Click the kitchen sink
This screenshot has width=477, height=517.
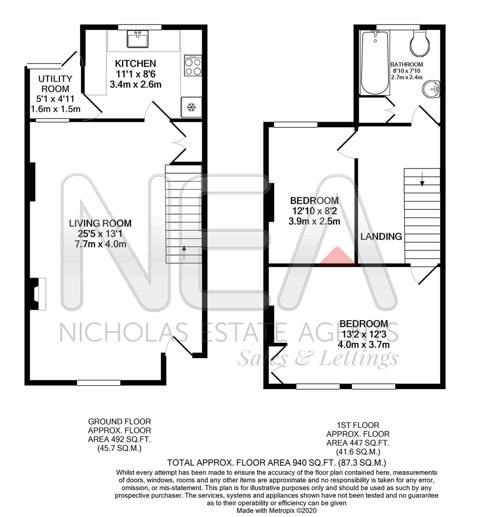[x=137, y=39]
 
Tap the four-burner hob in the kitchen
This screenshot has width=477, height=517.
[x=193, y=66]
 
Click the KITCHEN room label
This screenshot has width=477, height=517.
[x=136, y=64]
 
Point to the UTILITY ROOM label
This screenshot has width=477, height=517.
[x=55, y=84]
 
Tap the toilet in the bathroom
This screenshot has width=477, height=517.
[x=420, y=44]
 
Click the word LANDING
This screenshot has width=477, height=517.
[x=381, y=236]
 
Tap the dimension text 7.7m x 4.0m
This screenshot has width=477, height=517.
[x=100, y=244]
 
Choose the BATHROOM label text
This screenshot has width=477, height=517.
[x=406, y=65]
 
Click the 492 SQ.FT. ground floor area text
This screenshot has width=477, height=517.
[x=120, y=437]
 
